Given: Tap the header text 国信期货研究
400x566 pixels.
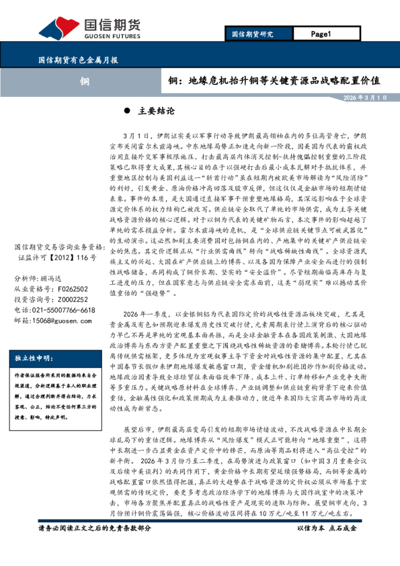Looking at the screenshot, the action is [252, 34].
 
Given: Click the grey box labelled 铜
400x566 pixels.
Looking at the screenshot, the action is [85, 81].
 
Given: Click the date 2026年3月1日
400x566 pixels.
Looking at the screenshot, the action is [365, 98].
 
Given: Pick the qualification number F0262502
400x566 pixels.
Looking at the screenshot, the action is [69, 288].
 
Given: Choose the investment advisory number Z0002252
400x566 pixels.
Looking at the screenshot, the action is [69, 299].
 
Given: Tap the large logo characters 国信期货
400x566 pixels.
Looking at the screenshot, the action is [112, 24].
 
